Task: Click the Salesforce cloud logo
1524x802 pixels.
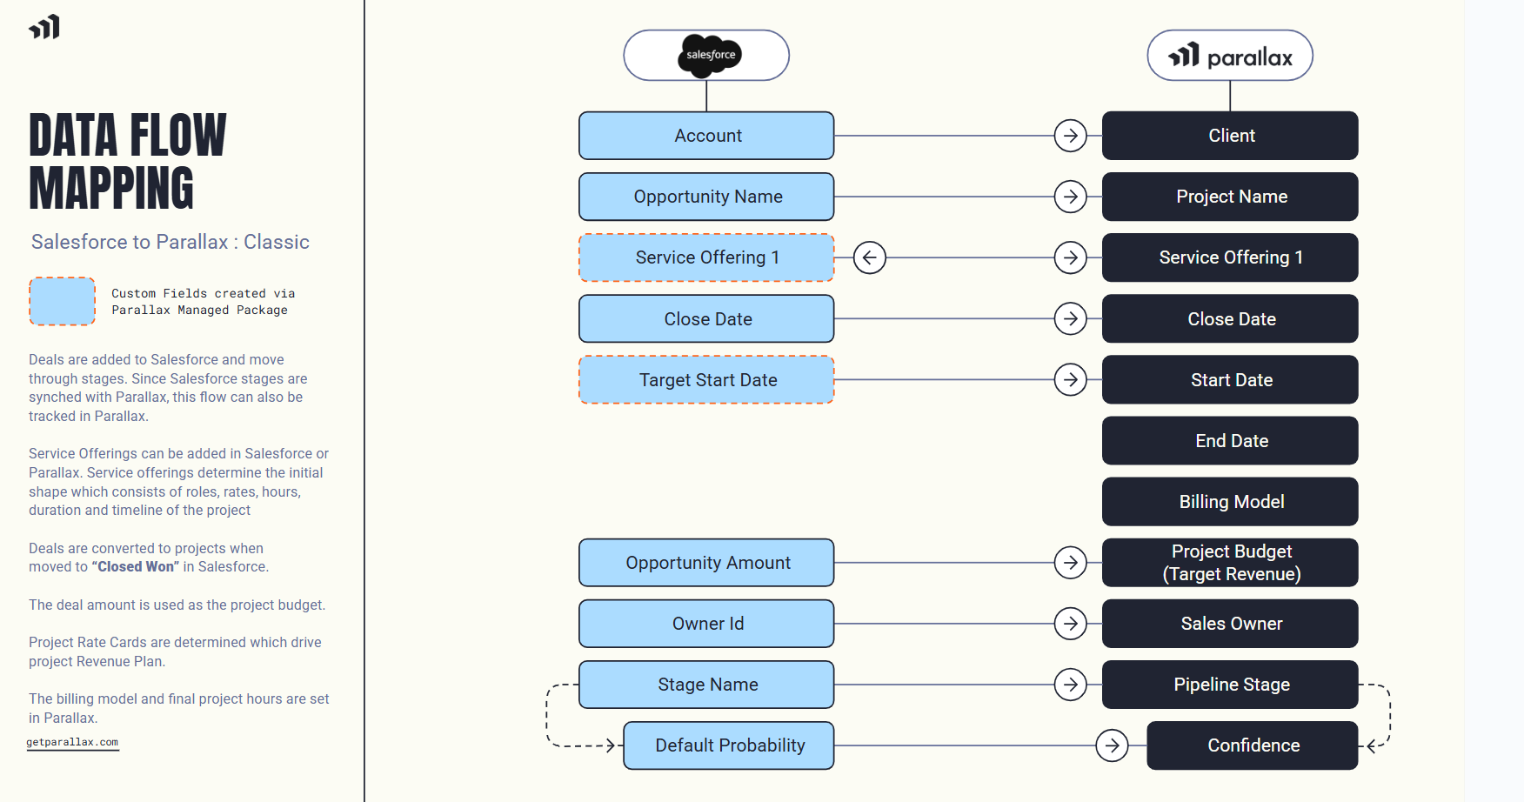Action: [710, 55]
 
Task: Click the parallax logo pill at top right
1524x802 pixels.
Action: [1230, 56]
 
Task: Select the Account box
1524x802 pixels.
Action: [706, 136]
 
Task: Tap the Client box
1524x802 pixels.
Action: [1230, 136]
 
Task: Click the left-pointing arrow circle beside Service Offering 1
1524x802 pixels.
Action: [869, 257]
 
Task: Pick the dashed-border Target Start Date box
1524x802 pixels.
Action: [706, 380]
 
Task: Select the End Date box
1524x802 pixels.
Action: [1230, 441]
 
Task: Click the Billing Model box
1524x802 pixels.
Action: [1230, 502]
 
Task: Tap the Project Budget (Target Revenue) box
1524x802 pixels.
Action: [1230, 563]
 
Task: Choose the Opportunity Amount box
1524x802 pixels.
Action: [706, 563]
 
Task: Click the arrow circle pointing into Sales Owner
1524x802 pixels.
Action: [1071, 624]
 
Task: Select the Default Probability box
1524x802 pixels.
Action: [729, 745]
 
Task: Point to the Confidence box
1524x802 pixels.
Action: [1253, 745]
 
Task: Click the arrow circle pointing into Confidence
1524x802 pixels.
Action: [1112, 745]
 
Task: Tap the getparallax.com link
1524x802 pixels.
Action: [72, 742]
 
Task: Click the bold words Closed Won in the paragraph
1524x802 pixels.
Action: [135, 567]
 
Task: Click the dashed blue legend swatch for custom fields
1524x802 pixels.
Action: [62, 301]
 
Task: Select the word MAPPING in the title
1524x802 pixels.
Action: [111, 189]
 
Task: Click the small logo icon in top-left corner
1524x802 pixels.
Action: [44, 27]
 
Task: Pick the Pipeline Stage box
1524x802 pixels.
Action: [1230, 685]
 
